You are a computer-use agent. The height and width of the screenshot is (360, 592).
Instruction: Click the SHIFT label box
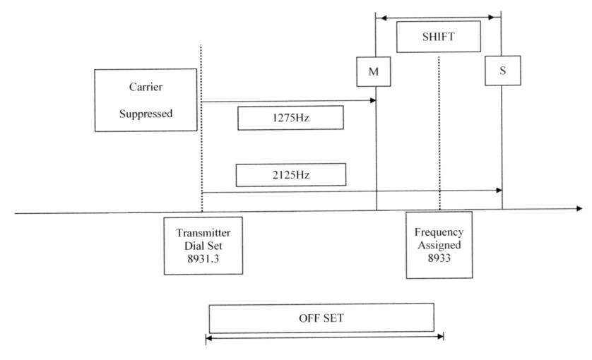438,37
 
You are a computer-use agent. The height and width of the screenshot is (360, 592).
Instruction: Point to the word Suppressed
146,113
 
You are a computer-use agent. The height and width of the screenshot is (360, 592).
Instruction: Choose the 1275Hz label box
290,119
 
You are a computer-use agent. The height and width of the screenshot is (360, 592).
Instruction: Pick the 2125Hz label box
290,174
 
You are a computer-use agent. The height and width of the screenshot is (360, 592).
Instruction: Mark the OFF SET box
321,318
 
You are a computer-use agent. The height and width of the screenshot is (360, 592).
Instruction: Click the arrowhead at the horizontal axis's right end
580,208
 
